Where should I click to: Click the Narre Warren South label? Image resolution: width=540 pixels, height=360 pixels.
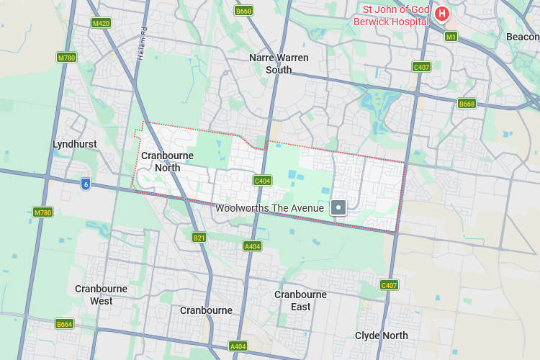pyautogui.click(x=278, y=63)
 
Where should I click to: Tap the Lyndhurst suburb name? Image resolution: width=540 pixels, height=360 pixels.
pyautogui.click(x=75, y=144)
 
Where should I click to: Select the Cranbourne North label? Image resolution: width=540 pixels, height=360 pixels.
pyautogui.click(x=168, y=161)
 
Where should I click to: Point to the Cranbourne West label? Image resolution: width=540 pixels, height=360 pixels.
pyautogui.click(x=102, y=294)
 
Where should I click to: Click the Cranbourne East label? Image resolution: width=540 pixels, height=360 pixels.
pyautogui.click(x=301, y=300)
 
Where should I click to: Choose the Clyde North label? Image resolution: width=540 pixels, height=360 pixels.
pyautogui.click(x=382, y=336)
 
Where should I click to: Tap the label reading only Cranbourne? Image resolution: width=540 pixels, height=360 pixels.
pyautogui.click(x=206, y=310)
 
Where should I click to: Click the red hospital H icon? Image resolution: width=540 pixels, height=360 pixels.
pyautogui.click(x=442, y=13)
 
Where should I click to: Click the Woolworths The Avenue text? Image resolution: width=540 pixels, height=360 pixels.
pyautogui.click(x=270, y=208)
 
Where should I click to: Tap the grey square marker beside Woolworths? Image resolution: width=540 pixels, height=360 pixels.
pyautogui.click(x=338, y=208)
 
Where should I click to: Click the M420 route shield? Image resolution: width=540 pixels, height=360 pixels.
pyautogui.click(x=102, y=23)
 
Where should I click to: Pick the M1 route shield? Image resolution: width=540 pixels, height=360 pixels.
pyautogui.click(x=451, y=36)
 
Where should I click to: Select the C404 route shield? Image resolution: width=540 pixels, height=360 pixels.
pyautogui.click(x=262, y=181)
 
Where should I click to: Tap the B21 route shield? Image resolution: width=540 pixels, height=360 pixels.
pyautogui.click(x=199, y=237)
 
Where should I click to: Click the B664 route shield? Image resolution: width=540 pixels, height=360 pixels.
pyautogui.click(x=65, y=324)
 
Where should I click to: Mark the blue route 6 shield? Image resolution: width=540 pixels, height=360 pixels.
pyautogui.click(x=86, y=184)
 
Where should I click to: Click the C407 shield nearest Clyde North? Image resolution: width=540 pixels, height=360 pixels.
pyautogui.click(x=389, y=285)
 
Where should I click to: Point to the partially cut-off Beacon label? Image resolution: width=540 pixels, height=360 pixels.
pyautogui.click(x=523, y=37)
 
